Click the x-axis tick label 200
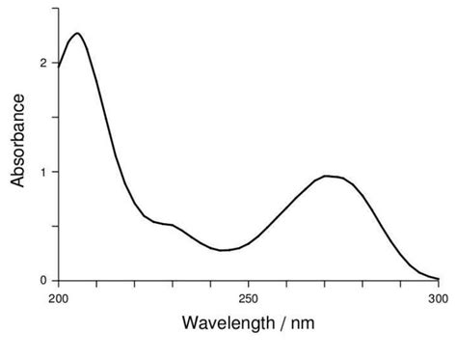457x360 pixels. (x=59, y=298)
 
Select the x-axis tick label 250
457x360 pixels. (x=249, y=298)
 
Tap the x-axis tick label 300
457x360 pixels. (x=439, y=298)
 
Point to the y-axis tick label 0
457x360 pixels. (x=42, y=281)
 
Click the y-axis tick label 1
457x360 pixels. (x=42, y=172)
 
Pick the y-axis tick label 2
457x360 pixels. (x=42, y=63)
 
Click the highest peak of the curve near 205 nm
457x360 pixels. (x=77, y=34)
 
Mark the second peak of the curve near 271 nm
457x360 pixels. (x=328, y=176)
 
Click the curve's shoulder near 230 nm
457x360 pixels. (x=172, y=225)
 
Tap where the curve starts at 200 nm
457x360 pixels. (x=59, y=66)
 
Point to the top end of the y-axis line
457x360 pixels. (x=59, y=8)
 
